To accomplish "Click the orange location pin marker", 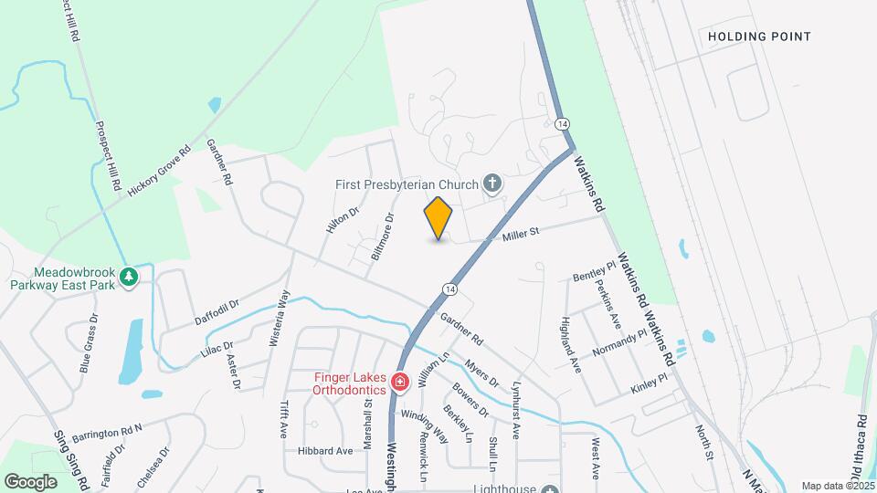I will point(438,218).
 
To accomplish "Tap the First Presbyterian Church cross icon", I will point(491,184).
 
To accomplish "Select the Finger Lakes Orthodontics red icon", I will point(399,382).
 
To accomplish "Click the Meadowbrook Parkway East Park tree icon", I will point(129,276).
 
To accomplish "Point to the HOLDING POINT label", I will point(759,37).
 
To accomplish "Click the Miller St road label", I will point(521,234).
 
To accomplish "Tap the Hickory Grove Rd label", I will point(159,170).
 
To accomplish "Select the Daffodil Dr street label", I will point(217,311).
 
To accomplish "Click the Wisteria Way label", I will point(284,316).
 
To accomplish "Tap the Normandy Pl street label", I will point(618,342).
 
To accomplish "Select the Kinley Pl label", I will point(649,383).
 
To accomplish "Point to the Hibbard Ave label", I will point(324,451).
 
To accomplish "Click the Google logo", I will point(30,481).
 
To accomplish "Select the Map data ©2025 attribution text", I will point(837,486).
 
